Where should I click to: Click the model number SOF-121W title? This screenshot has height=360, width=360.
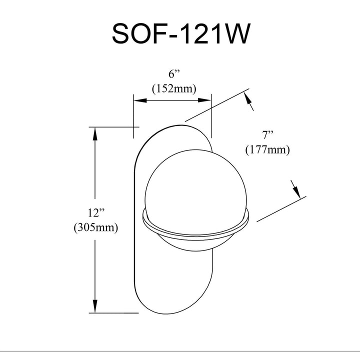click(x=180, y=34)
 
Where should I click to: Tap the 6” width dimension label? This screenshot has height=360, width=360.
click(x=174, y=74)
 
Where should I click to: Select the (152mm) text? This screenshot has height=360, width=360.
click(x=174, y=88)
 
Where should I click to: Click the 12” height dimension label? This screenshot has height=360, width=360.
click(x=96, y=213)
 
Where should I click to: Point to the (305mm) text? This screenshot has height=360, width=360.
click(x=96, y=227)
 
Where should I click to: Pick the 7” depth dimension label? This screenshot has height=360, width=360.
click(x=267, y=135)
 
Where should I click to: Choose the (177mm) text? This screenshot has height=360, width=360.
click(x=267, y=150)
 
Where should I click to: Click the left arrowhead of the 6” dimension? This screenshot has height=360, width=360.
click(x=140, y=100)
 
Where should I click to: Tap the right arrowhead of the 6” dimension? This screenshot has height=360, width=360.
click(x=204, y=100)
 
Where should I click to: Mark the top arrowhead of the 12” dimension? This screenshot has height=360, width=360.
click(x=95, y=134)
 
